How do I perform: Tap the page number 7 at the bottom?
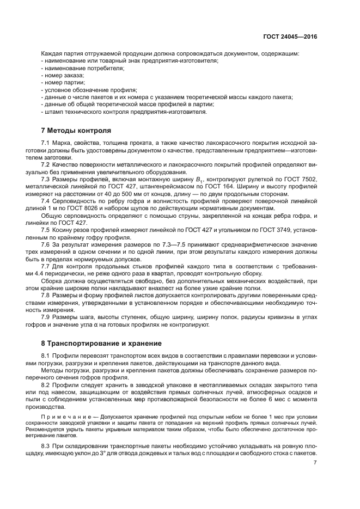315,463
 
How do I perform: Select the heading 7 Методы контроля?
76,131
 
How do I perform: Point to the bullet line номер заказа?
60,76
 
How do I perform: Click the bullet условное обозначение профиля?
90,90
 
